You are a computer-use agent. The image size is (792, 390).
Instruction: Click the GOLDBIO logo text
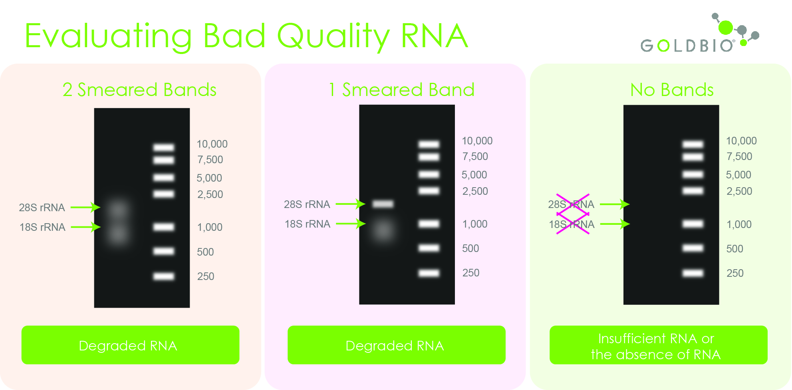click(687, 46)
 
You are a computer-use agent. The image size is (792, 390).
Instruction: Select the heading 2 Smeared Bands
click(139, 90)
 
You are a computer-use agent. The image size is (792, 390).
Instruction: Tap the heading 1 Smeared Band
click(401, 90)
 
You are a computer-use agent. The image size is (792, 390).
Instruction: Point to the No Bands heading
click(672, 90)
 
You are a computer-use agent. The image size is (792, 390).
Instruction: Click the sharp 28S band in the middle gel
click(383, 204)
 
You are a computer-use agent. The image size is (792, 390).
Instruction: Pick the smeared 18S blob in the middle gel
click(383, 230)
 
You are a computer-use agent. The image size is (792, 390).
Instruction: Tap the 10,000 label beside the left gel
click(212, 144)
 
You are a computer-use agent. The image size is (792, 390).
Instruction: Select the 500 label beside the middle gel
click(470, 248)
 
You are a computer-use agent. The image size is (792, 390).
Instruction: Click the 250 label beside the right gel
click(734, 273)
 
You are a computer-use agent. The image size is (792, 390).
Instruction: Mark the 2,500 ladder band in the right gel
click(693, 191)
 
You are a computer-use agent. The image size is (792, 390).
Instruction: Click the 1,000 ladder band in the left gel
click(164, 227)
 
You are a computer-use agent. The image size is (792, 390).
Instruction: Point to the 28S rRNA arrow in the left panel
click(85, 207)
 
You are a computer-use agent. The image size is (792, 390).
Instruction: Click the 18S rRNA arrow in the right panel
click(615, 224)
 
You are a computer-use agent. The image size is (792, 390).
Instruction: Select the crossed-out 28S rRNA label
click(571, 204)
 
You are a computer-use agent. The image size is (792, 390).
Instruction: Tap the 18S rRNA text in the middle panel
click(307, 224)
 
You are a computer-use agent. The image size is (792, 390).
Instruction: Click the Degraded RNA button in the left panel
click(130, 345)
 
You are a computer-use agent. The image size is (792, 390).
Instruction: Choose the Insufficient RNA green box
click(658, 345)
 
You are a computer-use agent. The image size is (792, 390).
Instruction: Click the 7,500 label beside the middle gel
click(475, 156)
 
